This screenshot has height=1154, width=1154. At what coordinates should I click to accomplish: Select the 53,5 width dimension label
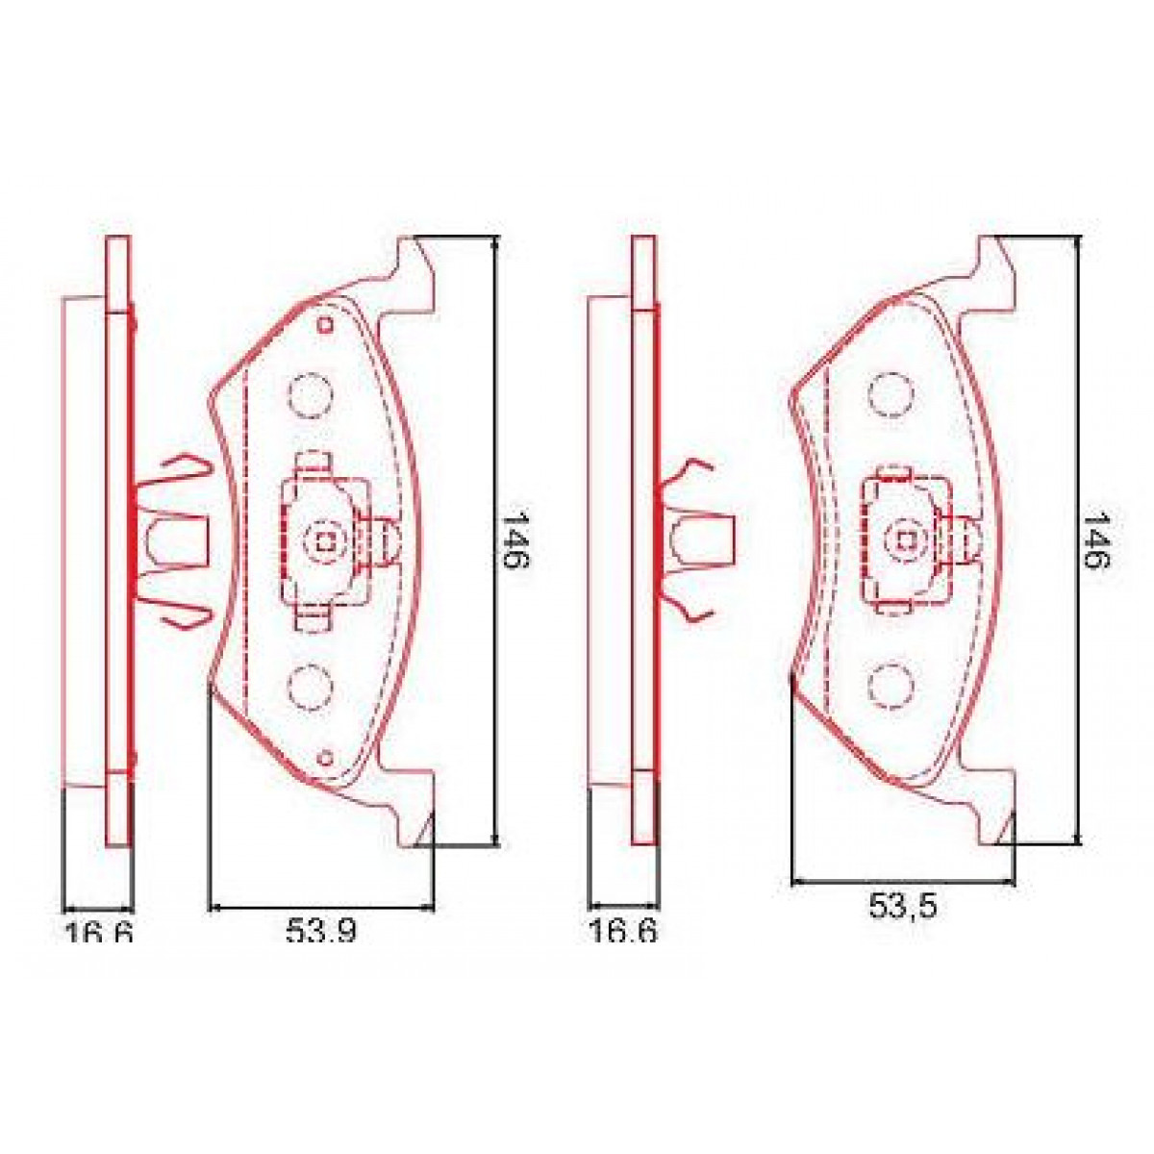click(x=903, y=906)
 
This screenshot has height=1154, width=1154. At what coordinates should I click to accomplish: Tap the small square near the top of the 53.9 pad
click(x=324, y=324)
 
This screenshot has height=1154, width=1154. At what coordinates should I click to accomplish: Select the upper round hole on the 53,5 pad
click(x=890, y=392)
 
